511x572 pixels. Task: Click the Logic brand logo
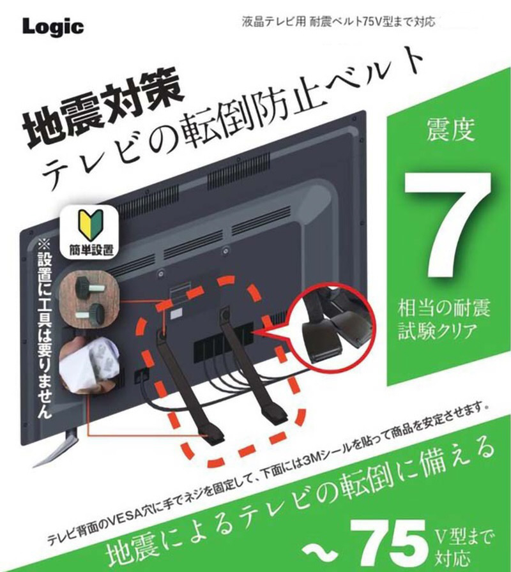[53, 27]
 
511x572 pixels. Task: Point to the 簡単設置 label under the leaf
[91, 250]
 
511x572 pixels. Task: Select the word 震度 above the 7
[451, 129]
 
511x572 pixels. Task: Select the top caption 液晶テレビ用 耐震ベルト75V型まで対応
[339, 22]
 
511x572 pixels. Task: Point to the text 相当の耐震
[444, 308]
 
